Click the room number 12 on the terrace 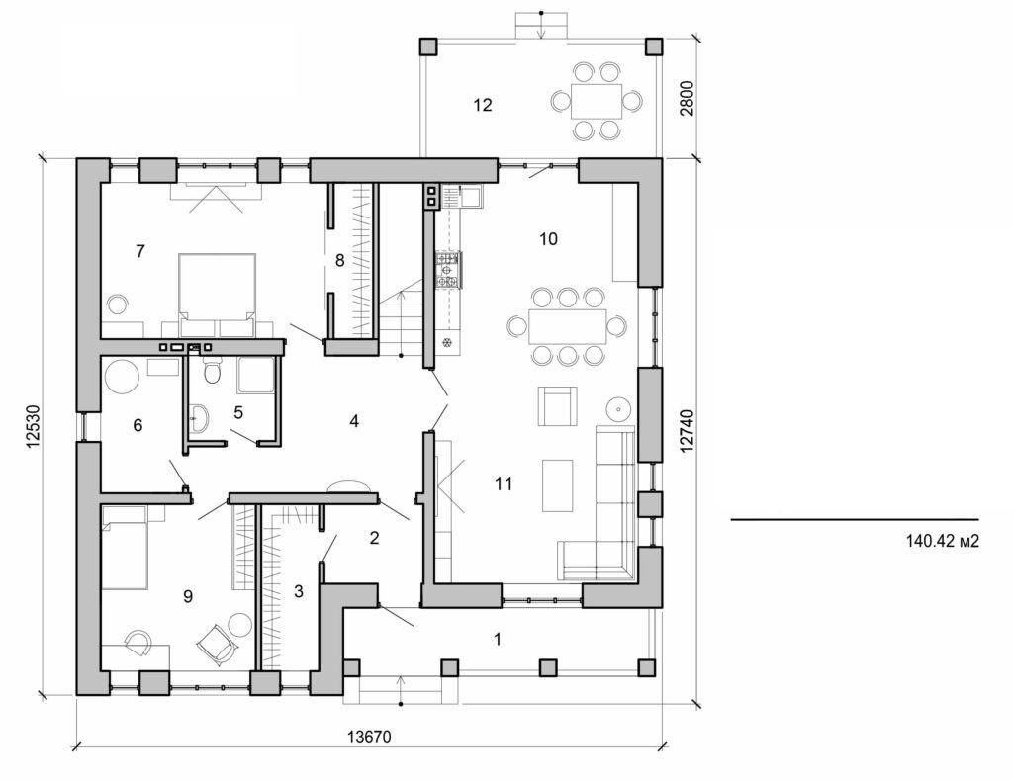click(x=482, y=105)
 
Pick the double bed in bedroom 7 click(x=217, y=287)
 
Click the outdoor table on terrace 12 click(x=597, y=100)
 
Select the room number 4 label click(x=353, y=421)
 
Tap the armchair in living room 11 click(x=557, y=405)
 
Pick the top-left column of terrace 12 click(x=428, y=46)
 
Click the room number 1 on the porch click(x=497, y=639)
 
